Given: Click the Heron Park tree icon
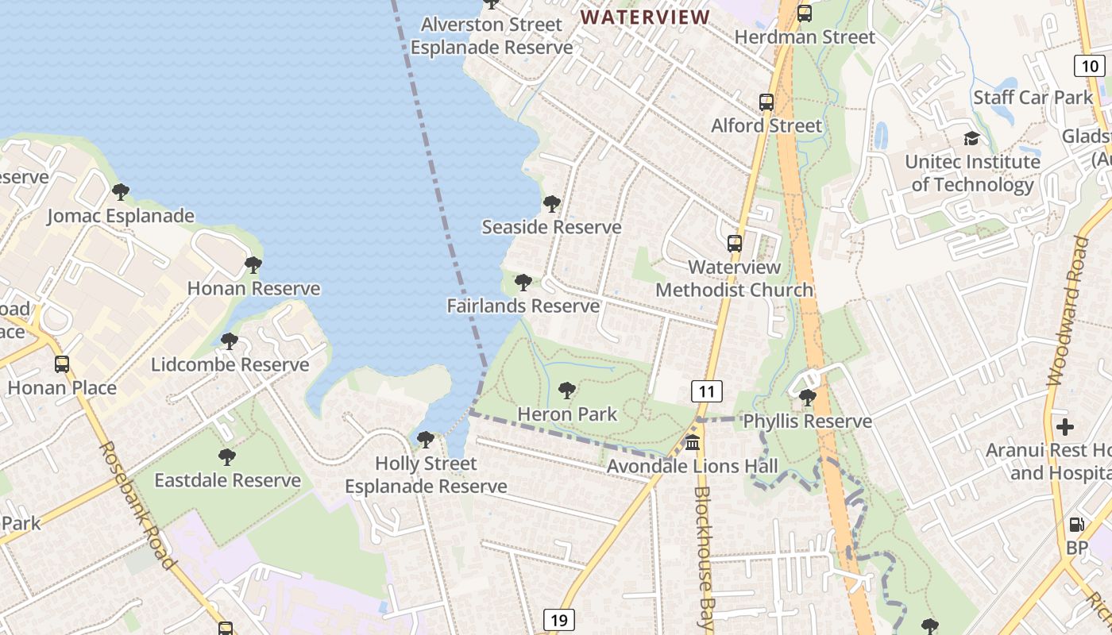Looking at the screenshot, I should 566,390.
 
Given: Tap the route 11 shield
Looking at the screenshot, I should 707,391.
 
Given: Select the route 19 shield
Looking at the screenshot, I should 559,620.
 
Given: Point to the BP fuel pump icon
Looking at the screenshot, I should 1077,524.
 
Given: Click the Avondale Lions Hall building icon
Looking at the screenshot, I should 693,442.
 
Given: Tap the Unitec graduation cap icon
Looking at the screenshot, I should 971,139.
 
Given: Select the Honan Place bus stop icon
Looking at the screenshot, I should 62,364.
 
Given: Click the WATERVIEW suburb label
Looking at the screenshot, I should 645,17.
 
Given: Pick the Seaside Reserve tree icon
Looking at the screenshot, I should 551,204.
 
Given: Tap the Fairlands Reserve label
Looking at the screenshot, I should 523,306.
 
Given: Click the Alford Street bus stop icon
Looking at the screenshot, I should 766,102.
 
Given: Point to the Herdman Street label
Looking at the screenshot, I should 805,37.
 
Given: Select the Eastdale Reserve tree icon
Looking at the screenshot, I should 227,457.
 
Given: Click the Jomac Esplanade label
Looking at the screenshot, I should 121,215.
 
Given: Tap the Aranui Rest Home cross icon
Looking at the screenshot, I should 1065,427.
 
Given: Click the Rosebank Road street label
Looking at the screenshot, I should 137,505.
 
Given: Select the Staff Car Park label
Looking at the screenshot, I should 1033,98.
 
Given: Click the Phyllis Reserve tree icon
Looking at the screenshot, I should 808,398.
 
